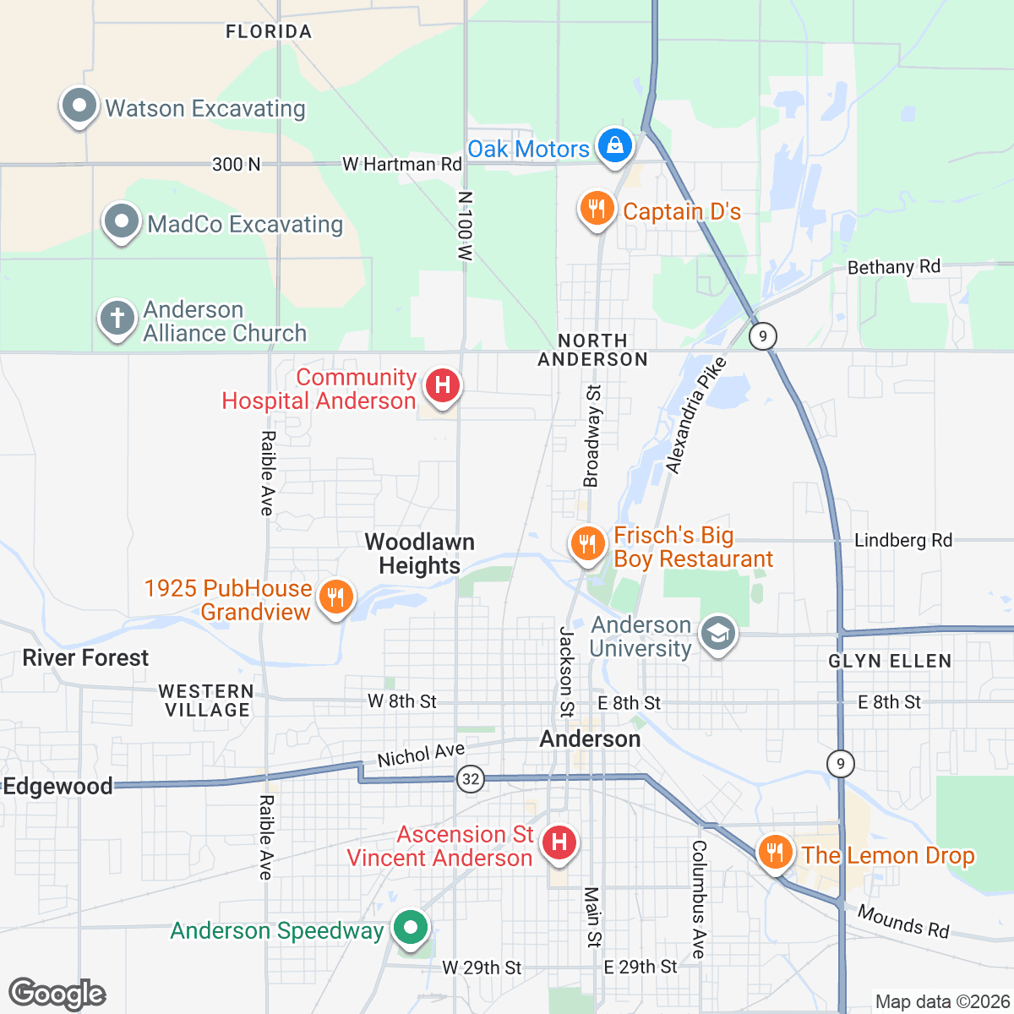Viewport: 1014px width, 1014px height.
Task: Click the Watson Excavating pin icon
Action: pos(79,107)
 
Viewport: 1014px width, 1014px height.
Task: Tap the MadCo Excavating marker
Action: pos(122,222)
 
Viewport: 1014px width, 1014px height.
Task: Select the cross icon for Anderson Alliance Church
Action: pos(117,319)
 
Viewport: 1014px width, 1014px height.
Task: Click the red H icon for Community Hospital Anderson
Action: pos(442,386)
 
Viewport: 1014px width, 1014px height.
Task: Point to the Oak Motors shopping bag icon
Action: pos(616,145)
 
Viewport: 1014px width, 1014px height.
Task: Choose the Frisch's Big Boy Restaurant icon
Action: pos(587,543)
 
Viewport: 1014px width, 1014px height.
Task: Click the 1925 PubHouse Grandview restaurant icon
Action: pos(336,597)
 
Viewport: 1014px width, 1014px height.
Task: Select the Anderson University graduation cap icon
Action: pos(718,634)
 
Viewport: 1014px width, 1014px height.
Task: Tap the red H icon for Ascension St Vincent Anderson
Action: pos(559,842)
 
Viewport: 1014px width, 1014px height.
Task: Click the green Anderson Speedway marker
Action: pos(411,928)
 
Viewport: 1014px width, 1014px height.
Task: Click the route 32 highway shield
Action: pos(471,778)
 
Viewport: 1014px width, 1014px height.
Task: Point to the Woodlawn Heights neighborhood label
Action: pos(420,553)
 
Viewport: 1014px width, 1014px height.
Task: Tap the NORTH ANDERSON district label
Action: pos(592,350)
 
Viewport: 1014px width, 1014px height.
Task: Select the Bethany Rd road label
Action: pos(893,267)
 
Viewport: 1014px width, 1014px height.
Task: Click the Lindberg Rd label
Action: pos(902,540)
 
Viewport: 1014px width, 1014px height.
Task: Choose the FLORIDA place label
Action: pos(269,32)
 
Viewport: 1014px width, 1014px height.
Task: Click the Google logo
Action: pos(57,994)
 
